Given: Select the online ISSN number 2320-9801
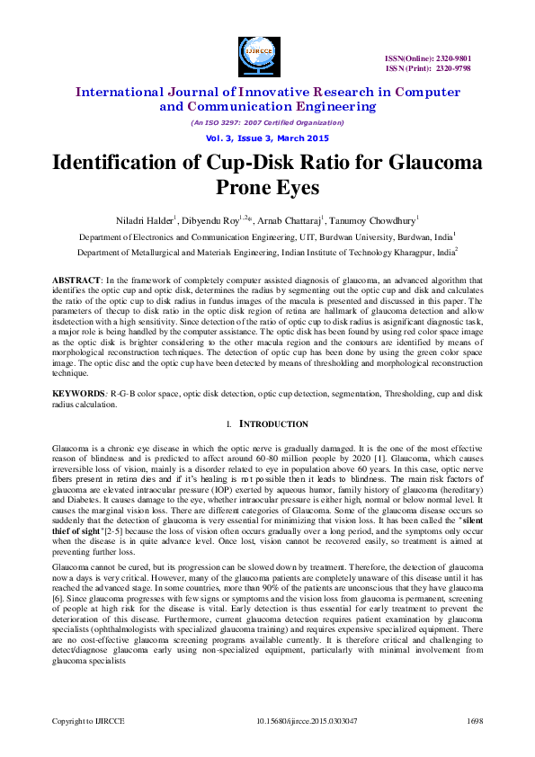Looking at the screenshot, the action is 451,58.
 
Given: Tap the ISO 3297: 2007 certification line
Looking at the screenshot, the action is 267,122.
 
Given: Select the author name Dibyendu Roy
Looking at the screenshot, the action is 213,220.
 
